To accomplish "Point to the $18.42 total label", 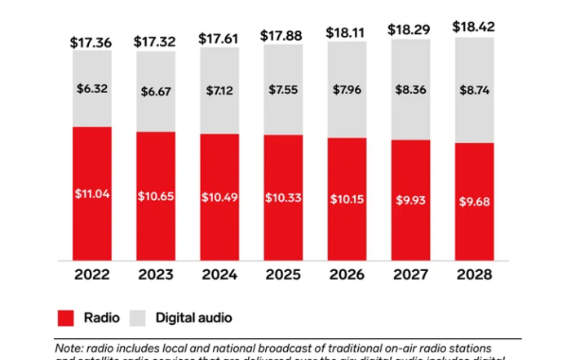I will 474,27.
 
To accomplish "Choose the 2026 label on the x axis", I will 346,275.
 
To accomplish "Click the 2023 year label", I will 153,275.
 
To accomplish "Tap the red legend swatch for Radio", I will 67,317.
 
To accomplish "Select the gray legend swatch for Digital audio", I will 137,317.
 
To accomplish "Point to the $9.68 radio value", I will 474,202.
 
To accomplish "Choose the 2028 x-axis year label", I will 474,275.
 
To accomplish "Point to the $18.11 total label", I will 346,33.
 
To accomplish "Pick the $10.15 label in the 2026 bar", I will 346,199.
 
